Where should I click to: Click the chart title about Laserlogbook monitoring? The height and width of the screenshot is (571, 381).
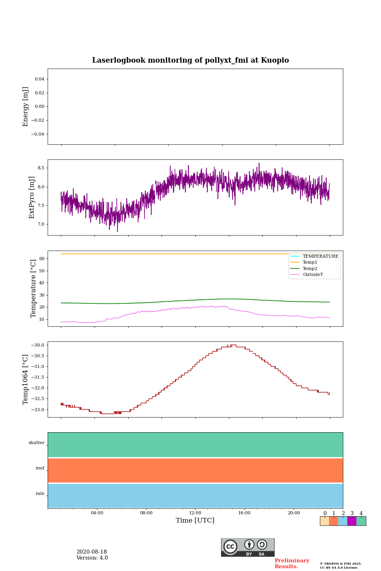[190, 60]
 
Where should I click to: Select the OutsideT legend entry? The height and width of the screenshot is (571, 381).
[313, 275]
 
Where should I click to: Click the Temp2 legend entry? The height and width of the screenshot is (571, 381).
[310, 268]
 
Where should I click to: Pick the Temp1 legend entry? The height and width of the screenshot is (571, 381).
[310, 263]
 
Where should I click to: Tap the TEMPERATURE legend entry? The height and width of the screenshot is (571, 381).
[320, 256]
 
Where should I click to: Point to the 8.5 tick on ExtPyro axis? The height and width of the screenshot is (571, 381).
[40, 168]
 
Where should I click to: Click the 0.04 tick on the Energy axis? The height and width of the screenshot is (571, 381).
[39, 79]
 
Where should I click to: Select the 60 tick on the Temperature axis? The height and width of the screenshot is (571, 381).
[41, 259]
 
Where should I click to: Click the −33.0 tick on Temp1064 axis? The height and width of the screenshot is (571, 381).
[38, 410]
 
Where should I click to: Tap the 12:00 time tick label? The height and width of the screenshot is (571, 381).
[195, 513]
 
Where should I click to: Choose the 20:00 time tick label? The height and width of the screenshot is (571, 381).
[294, 513]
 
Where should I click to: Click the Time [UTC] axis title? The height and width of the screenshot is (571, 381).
[195, 520]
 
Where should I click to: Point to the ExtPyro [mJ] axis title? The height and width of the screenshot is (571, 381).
[32, 197]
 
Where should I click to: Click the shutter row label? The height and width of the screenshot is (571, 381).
[37, 443]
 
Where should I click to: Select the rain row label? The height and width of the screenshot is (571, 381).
[40, 494]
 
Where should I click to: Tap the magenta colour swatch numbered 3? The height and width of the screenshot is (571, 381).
[352, 521]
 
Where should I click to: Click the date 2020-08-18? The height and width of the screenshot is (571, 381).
[92, 552]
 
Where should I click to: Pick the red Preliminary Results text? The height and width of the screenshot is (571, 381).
[292, 563]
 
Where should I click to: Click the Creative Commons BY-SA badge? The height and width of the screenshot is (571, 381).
[248, 547]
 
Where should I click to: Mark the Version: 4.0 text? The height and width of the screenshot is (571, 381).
[92, 558]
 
